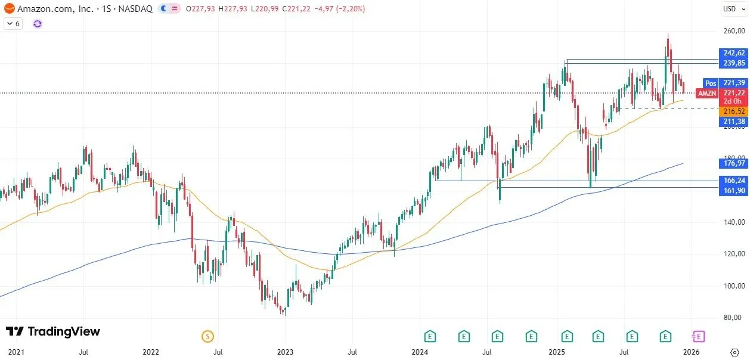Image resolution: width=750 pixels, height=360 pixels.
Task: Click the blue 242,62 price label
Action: tap(734, 53)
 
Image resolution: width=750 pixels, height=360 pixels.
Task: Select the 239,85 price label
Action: tap(734, 63)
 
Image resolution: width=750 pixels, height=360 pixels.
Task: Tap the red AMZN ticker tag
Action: tap(708, 93)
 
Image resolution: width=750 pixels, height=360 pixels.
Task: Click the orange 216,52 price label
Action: tap(734, 111)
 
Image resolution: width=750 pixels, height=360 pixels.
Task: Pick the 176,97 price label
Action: tap(734, 163)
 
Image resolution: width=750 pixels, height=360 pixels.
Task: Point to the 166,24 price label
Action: tap(734, 180)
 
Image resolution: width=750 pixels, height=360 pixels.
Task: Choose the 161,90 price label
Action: tap(734, 190)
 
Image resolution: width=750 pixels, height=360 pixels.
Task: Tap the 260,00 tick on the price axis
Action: tap(734, 32)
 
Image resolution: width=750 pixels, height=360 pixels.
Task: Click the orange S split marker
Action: tap(207, 337)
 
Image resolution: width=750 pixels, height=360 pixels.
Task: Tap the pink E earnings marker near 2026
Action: tap(699, 337)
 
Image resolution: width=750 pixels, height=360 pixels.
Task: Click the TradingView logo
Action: tap(53, 332)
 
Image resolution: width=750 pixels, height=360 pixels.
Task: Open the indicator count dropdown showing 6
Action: tap(13, 24)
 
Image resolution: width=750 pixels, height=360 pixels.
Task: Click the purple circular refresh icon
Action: tap(38, 24)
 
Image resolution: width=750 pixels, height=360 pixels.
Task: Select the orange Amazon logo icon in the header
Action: tap(9, 9)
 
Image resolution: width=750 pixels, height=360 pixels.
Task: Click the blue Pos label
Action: tap(710, 83)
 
